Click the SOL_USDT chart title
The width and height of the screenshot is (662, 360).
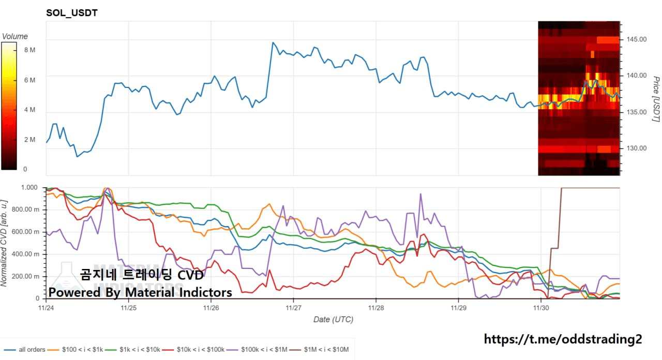[x=72, y=13]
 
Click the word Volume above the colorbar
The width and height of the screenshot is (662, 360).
[x=15, y=37]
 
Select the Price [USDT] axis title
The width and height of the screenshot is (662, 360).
[x=655, y=99]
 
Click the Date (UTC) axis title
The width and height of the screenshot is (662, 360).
[x=333, y=320]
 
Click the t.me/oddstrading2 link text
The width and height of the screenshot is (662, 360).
[x=563, y=339]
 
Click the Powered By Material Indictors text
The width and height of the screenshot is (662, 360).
[x=140, y=293]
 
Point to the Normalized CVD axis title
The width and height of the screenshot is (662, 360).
[x=5, y=243]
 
